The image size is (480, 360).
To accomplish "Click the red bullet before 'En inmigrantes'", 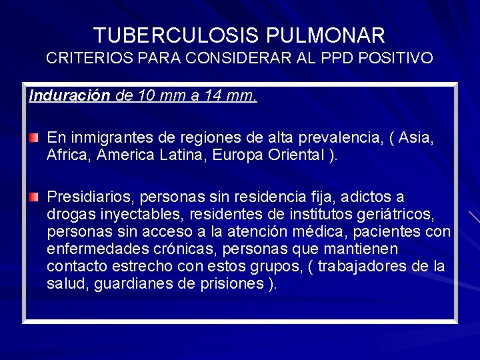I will [x=34, y=139].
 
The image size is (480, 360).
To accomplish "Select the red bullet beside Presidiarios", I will [x=34, y=197].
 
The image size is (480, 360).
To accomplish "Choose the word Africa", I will [x=69, y=156].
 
